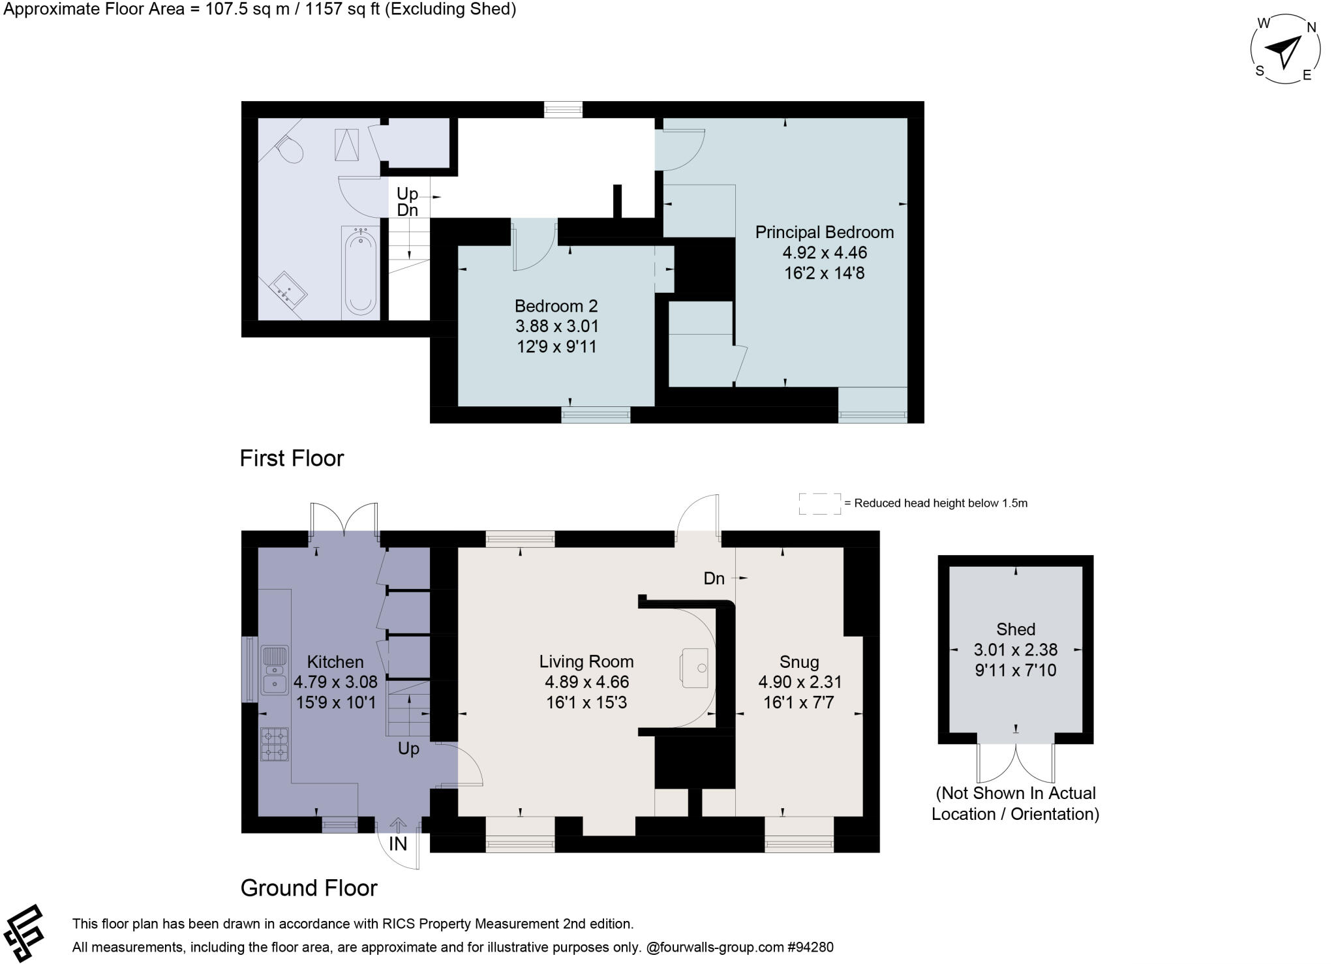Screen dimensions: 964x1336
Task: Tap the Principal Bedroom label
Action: (x=824, y=232)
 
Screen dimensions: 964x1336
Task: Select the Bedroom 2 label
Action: (x=556, y=306)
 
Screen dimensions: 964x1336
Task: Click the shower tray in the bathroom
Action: (x=347, y=145)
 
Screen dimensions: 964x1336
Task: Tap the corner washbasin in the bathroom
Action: (x=289, y=289)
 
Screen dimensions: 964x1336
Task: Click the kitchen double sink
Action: (x=275, y=670)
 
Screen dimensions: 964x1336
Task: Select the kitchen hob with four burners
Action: (x=275, y=744)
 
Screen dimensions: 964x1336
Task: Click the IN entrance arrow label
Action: (x=398, y=844)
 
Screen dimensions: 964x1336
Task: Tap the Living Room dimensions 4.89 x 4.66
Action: (x=586, y=682)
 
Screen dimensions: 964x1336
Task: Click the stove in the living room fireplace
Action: (x=695, y=668)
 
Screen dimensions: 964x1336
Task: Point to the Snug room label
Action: (x=799, y=662)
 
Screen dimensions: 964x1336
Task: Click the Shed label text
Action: (x=1015, y=629)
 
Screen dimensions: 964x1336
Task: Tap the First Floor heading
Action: (x=292, y=459)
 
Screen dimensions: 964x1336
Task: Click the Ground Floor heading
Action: (x=309, y=888)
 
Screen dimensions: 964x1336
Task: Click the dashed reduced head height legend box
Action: (x=819, y=504)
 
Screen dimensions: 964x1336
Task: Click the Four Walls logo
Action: (x=23, y=932)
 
